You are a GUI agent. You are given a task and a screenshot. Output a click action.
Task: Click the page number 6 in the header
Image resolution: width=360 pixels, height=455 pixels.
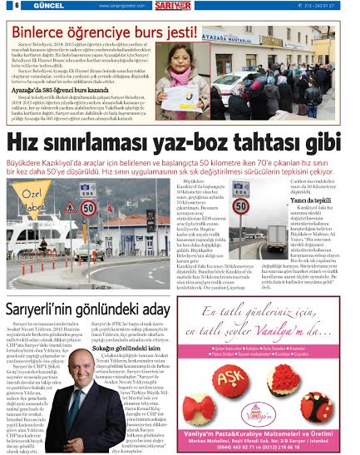click(x=7, y=6)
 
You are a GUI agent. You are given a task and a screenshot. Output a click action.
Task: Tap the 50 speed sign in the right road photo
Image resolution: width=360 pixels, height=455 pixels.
click(x=240, y=205)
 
